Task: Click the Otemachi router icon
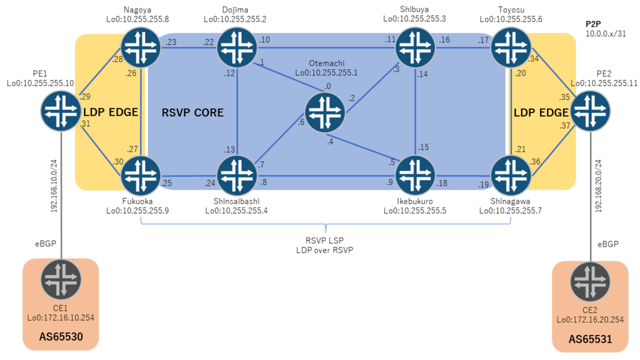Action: [325, 112]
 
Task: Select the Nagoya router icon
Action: [141, 47]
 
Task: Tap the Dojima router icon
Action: [237, 47]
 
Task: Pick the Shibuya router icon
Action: [416, 47]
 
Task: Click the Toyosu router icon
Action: [511, 47]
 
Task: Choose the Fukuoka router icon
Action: [141, 176]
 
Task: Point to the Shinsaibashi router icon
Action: [237, 176]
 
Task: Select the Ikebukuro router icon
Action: [416, 176]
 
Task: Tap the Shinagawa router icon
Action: [511, 176]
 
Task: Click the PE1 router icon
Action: [61, 111]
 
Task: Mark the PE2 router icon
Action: [590, 111]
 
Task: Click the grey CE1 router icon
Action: [61, 279]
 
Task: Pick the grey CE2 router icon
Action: [590, 282]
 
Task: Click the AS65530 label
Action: [61, 337]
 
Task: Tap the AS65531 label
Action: [590, 339]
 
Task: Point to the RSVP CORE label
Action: [192, 112]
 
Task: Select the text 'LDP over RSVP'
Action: [325, 250]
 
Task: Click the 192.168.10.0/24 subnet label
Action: [54, 186]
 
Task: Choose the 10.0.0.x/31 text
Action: [606, 34]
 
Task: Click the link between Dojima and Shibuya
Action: [326, 47]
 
